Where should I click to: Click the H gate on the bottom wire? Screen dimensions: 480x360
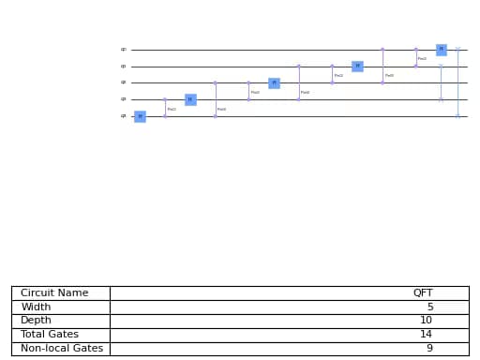(x=140, y=116)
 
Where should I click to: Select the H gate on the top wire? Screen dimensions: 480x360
(x=441, y=50)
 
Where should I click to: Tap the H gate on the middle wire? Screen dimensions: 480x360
(x=274, y=82)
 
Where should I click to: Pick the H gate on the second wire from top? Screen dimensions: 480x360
(x=357, y=67)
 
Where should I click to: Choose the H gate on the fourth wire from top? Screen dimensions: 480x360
(x=190, y=99)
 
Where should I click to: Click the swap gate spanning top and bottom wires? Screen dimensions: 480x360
(x=457, y=82)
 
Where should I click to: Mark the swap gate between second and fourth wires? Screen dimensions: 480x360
(x=441, y=82)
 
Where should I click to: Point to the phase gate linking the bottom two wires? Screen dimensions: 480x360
(x=165, y=108)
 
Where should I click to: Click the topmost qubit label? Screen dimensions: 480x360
(x=123, y=50)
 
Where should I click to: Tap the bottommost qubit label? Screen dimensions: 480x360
(x=123, y=116)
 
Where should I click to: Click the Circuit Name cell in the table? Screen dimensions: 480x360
(x=54, y=293)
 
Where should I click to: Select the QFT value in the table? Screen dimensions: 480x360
(x=423, y=293)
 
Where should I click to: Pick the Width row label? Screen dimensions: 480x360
(x=36, y=307)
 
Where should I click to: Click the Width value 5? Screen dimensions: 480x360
(x=429, y=307)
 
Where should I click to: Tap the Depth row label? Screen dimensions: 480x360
(x=36, y=321)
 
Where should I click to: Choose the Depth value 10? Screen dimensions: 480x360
(x=427, y=321)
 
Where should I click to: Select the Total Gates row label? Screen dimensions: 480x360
(x=49, y=335)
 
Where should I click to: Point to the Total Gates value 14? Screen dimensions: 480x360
(x=427, y=335)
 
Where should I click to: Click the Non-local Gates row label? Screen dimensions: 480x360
(x=62, y=349)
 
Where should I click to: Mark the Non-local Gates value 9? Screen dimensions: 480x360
(x=429, y=349)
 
